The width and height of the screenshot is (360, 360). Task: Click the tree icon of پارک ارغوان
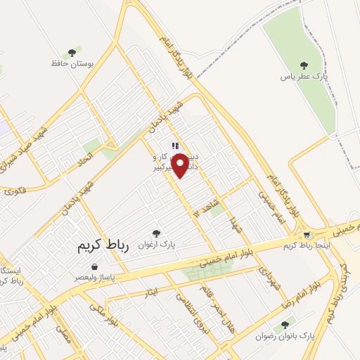[156, 233]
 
